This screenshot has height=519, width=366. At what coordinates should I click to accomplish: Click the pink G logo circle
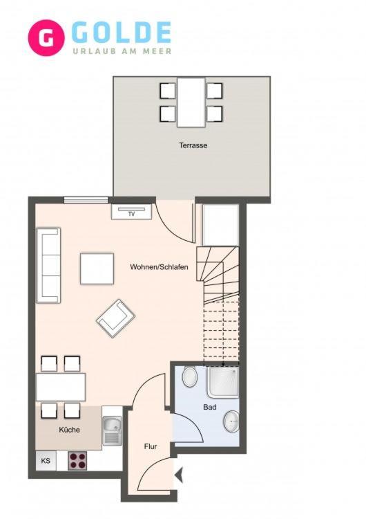[x=46, y=38]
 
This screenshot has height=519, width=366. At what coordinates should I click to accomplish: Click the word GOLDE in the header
[x=122, y=33]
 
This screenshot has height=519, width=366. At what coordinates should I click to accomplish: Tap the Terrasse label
[x=193, y=145]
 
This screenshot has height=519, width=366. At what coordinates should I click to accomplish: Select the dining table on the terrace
[x=191, y=102]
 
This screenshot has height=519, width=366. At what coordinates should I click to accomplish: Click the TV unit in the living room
[x=131, y=212]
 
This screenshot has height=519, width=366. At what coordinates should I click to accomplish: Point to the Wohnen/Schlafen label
[x=160, y=267]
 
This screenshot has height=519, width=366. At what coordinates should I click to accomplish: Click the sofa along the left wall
[x=48, y=265]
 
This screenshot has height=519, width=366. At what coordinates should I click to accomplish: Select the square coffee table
[x=97, y=268]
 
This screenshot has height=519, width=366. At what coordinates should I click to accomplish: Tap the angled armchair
[x=115, y=318]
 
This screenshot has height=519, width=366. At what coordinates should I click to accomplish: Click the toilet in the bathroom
[x=190, y=376]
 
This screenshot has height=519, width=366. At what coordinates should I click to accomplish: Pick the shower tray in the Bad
[x=223, y=382]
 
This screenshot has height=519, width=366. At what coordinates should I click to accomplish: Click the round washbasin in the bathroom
[x=231, y=421]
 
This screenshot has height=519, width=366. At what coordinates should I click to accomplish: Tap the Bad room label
[x=210, y=407]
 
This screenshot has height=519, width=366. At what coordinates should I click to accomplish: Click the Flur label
[x=151, y=446]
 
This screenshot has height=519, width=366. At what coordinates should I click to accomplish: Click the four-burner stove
[x=77, y=460]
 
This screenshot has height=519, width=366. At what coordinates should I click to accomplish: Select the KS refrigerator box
[x=46, y=460]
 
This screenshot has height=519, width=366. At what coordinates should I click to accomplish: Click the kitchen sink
[x=113, y=430]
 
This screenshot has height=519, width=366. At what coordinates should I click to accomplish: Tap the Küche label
[x=69, y=430]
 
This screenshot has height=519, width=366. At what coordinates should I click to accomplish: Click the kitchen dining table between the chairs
[x=61, y=387]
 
